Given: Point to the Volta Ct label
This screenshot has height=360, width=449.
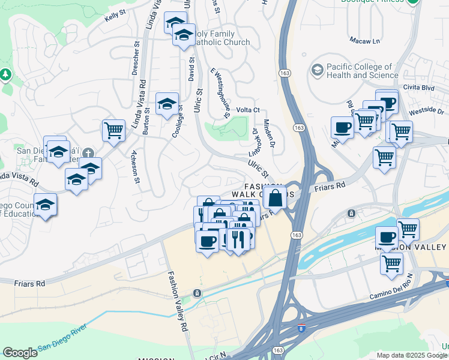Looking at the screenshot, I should click(x=247, y=110).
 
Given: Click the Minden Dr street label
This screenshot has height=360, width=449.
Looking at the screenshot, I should click(x=268, y=135).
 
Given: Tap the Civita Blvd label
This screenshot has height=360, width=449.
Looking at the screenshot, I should click(x=420, y=88).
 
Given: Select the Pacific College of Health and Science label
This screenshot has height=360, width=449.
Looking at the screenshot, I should click(x=362, y=71).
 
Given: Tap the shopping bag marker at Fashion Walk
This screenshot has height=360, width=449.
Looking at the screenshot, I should click(x=275, y=197).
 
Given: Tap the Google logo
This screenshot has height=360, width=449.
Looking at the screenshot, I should click(x=20, y=353).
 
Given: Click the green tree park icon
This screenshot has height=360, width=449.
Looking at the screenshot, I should click(x=6, y=74).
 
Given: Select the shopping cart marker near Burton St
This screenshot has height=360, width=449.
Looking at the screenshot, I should click(x=113, y=130).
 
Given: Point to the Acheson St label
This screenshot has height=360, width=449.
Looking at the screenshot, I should click(x=137, y=167).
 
